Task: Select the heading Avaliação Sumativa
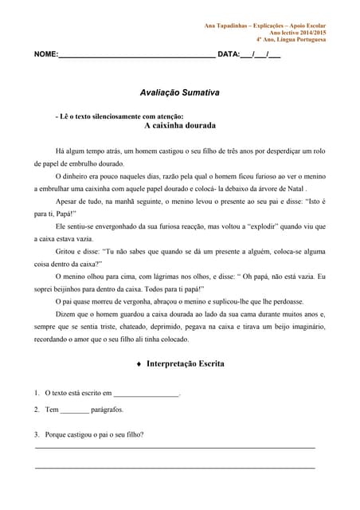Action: [x=180, y=93]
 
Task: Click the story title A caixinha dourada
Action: [x=180, y=125]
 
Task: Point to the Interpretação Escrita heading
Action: [x=186, y=363]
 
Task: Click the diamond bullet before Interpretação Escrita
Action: [x=139, y=364]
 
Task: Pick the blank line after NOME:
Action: [x=136, y=56]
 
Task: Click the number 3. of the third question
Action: [x=37, y=434]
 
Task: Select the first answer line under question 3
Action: [x=175, y=449]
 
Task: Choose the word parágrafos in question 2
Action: [x=108, y=410]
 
